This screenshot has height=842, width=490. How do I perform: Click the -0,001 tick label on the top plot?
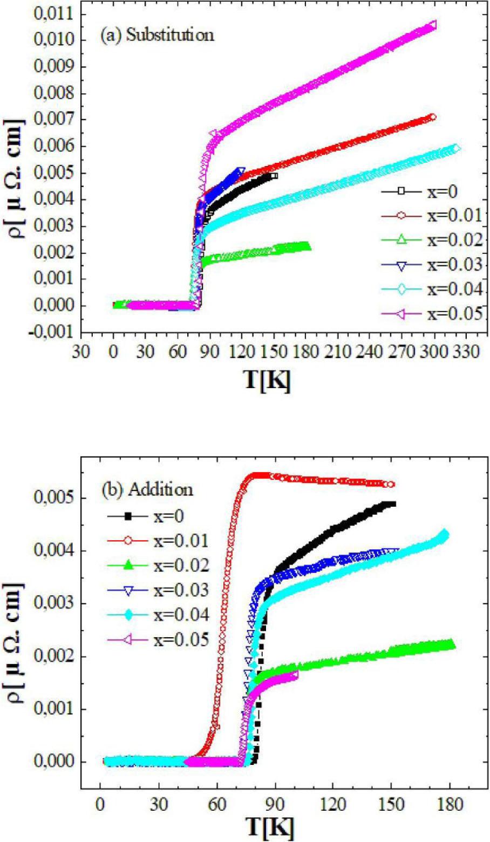pyautogui.click(x=51, y=333)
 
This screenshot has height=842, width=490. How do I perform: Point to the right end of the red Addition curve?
pyautogui.click(x=391, y=484)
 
